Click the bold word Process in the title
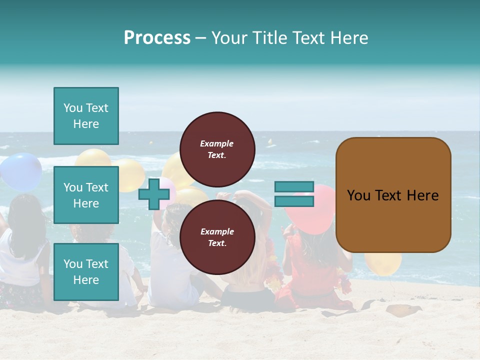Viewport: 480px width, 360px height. click(157, 38)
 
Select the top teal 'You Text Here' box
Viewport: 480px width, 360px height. click(86, 116)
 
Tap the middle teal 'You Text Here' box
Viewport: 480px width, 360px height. click(86, 195)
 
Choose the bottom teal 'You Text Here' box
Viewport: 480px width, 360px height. click(86, 272)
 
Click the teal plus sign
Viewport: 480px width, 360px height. click(154, 194)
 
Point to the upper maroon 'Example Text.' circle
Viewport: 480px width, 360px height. click(217, 149)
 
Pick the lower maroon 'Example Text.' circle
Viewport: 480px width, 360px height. click(217, 237)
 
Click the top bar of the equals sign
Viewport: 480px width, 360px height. click(294, 187)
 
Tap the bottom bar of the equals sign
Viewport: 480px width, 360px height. click(294, 201)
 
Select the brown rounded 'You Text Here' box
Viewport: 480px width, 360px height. click(393, 195)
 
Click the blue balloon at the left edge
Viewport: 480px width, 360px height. click(20, 171)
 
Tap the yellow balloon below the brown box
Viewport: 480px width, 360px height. click(383, 263)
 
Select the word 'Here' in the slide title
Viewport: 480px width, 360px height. click(349, 38)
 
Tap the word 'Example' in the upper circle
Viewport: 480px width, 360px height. click(217, 143)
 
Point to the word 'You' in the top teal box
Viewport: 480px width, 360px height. click(73, 108)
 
